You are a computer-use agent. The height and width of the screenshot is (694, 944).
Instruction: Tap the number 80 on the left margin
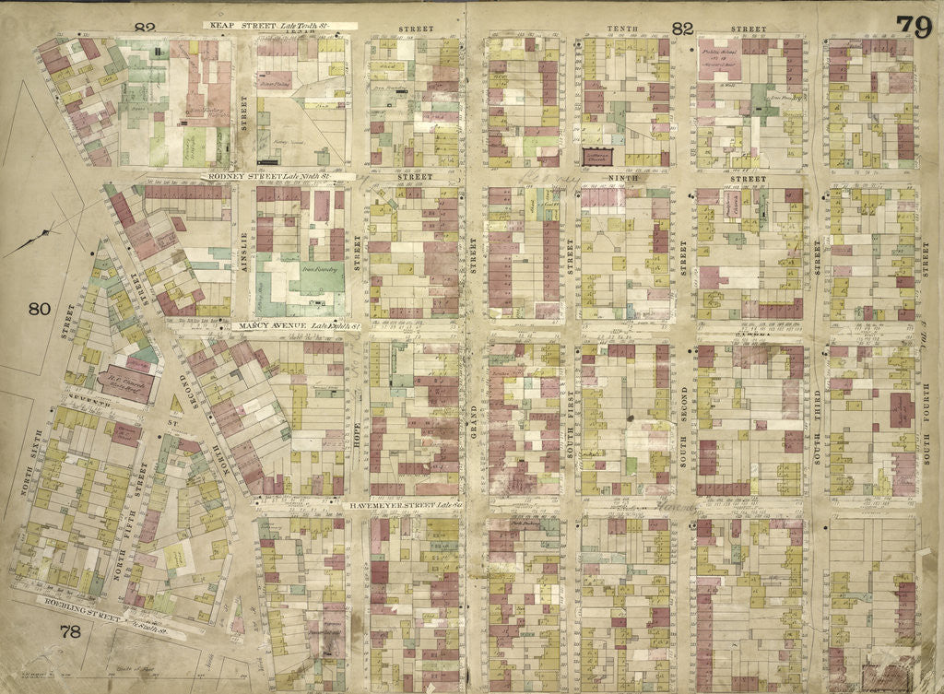38,310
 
